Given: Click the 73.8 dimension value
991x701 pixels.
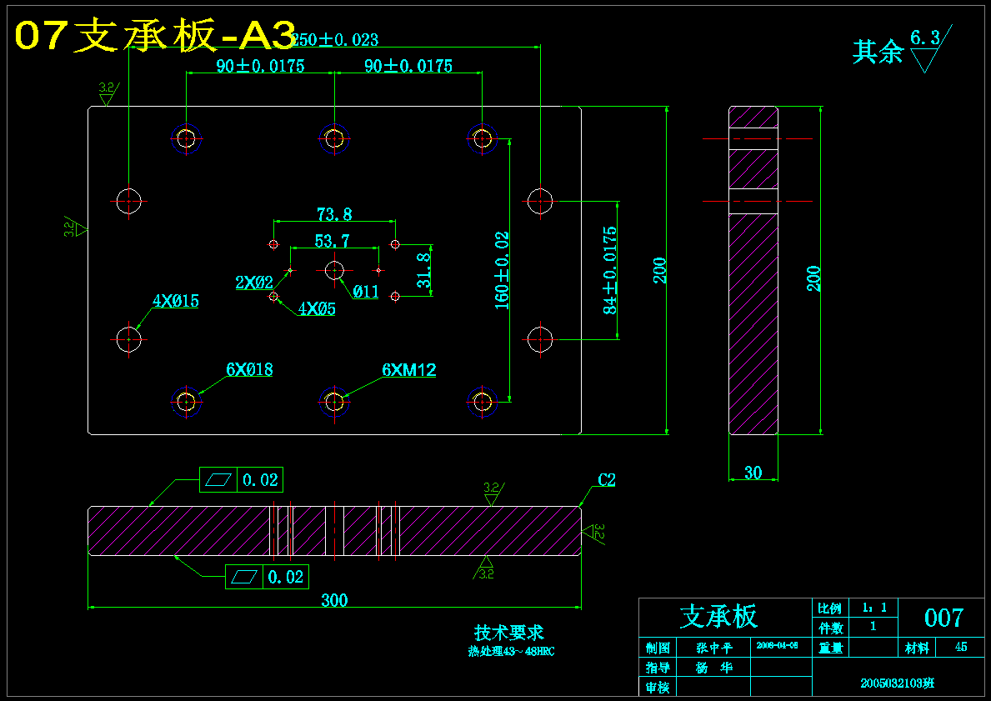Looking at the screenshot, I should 333,214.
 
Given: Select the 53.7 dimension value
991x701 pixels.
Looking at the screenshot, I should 332,242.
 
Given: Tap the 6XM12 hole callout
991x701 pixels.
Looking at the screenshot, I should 408,370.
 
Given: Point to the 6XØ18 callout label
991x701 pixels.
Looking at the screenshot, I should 249,369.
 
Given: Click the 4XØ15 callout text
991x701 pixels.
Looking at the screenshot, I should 175,301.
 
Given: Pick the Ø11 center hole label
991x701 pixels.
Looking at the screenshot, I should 365,292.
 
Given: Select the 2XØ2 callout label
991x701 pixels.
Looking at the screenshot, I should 254,283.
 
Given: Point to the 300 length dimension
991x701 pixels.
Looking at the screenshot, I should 334,600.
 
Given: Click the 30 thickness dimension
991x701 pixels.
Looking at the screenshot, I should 753,473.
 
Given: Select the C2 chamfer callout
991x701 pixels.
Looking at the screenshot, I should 606,480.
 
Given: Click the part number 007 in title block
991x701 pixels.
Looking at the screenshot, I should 943,618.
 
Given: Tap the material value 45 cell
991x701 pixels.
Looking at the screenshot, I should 961,647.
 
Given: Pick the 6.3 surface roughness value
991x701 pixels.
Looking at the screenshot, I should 924,38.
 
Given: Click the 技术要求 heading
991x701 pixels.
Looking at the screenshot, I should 509,633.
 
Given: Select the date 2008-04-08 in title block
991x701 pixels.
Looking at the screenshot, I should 777,645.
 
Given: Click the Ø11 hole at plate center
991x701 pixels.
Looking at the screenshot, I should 335,270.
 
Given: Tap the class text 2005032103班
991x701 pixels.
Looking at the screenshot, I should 898,683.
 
